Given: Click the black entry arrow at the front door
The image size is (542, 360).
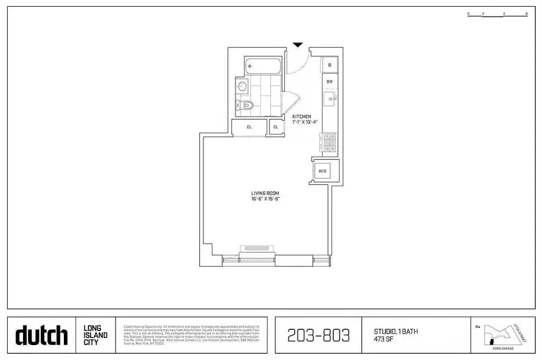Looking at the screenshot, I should (298, 45).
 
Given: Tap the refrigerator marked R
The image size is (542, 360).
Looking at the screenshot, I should (330, 65).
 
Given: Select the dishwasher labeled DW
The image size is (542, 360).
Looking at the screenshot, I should (330, 82).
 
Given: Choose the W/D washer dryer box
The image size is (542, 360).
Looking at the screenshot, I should (322, 171).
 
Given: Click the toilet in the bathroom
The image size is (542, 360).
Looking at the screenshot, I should (246, 105).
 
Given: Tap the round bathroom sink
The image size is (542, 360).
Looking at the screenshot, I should (242, 87).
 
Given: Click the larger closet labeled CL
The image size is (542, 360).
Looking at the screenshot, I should (249, 127).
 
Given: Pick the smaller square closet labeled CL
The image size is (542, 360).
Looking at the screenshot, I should (276, 127).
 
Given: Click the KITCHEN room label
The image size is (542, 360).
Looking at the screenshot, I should (301, 117).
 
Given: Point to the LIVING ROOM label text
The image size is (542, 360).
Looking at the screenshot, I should (265, 193).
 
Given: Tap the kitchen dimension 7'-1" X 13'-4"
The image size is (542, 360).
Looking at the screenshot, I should (305, 122).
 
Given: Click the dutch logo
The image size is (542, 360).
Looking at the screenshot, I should (41, 335).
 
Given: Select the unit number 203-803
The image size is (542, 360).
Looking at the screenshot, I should (318, 335).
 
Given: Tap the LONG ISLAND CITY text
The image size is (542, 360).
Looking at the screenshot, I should (96, 335).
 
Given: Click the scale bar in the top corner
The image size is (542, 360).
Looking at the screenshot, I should (497, 14).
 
